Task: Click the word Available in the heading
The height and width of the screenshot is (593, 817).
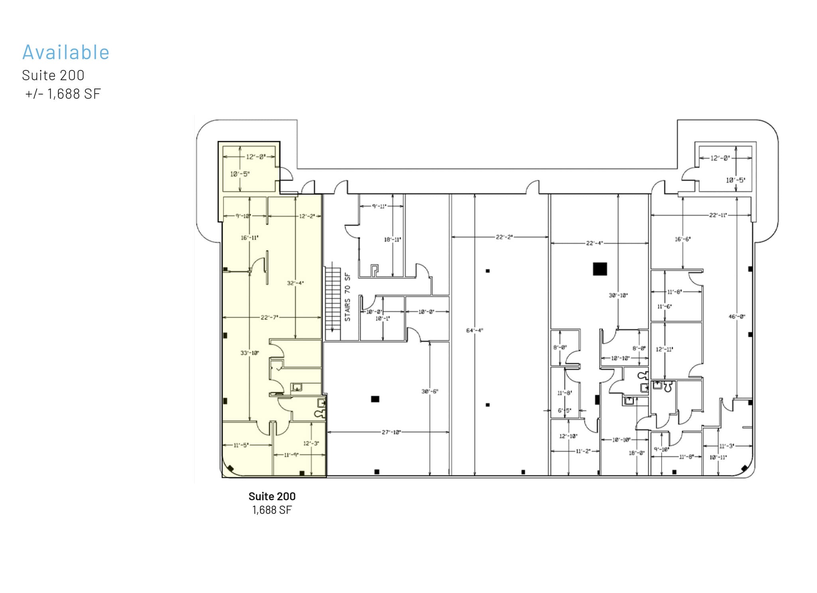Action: [66, 52]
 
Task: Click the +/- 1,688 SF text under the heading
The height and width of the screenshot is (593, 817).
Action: [63, 94]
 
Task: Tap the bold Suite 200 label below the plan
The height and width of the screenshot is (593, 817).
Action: [272, 496]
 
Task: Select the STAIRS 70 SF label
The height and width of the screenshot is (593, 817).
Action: [347, 297]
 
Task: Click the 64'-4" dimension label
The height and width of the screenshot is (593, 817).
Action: [474, 330]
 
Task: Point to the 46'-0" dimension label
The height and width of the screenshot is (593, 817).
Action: [736, 317]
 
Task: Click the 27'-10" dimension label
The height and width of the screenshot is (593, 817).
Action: [391, 432]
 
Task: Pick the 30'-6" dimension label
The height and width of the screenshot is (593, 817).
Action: [430, 391]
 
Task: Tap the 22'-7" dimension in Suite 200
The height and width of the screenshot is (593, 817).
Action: [269, 317]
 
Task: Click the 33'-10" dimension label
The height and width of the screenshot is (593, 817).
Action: [249, 353]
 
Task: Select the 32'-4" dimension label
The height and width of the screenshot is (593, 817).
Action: [295, 283]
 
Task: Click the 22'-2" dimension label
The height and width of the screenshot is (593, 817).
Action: [504, 237]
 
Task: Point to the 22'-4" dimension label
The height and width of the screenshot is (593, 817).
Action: [594, 243]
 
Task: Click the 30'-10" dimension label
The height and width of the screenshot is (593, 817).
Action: [618, 295]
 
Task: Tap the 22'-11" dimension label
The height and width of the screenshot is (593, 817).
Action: [718, 215]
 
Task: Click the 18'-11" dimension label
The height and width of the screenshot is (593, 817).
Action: [392, 240]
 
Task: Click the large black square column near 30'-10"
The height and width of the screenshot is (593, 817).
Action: [600, 269]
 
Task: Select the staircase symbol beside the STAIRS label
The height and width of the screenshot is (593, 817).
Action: [333, 303]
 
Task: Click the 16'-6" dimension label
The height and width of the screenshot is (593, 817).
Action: [682, 239]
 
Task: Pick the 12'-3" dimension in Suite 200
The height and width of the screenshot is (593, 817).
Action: [311, 443]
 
